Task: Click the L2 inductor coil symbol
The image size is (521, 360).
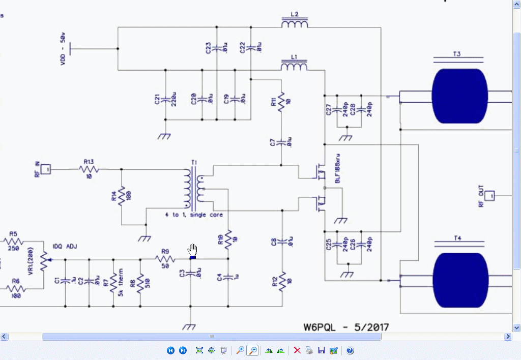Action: point(295,23)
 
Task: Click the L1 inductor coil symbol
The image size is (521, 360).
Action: point(295,66)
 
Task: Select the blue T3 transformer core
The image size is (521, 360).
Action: point(456,96)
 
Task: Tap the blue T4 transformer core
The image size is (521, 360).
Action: point(456,280)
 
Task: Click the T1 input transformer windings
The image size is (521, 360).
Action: point(194,189)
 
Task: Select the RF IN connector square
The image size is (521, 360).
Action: point(46,168)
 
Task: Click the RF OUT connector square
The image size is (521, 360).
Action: point(489,195)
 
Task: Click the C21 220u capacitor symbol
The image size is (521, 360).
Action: point(165,99)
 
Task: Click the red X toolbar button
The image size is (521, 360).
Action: point(297,350)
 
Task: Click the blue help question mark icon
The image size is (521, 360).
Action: point(350,350)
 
